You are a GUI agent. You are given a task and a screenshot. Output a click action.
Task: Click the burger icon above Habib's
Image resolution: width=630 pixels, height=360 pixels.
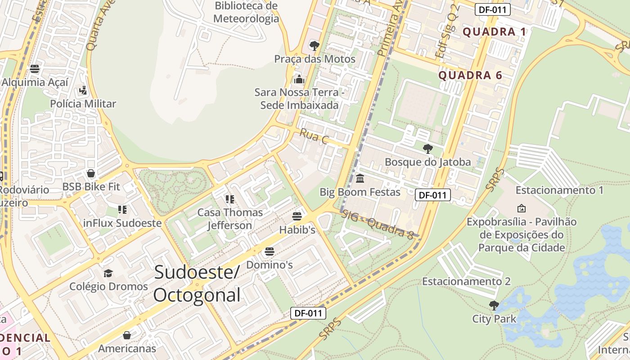click(297, 216)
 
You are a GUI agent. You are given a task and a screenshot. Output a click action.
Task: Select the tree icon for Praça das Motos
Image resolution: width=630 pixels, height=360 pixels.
click(315, 46)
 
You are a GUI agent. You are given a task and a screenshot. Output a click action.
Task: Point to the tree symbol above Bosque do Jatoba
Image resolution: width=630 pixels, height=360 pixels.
click(428, 149)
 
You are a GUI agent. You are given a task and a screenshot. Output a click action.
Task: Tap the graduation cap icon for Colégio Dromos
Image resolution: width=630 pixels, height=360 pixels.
click(108, 274)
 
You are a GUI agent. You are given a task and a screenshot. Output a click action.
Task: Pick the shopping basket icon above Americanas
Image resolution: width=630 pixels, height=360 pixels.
click(127, 335)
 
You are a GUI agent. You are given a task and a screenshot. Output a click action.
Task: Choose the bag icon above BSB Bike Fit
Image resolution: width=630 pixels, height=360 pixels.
click(91, 174)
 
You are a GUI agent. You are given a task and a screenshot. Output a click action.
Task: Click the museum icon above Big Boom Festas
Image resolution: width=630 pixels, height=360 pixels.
click(360, 179)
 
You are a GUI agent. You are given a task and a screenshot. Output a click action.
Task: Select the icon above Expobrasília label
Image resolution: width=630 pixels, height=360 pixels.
click(522, 208)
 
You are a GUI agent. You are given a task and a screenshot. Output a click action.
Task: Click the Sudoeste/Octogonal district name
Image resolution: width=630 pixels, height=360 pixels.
click(197, 284)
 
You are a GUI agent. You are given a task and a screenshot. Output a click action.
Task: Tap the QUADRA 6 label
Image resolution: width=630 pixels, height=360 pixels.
click(470, 75)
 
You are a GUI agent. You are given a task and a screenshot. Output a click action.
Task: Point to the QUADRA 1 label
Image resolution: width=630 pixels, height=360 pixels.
click(494, 32)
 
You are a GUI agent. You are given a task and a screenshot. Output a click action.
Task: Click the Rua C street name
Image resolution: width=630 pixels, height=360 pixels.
click(314, 136)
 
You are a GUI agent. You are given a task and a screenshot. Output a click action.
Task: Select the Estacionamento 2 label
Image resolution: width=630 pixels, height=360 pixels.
click(466, 281)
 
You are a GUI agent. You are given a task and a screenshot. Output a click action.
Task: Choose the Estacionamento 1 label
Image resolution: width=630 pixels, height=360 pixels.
click(559, 190)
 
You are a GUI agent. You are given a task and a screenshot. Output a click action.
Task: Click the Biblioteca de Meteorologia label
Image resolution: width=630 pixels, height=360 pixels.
click(246, 12)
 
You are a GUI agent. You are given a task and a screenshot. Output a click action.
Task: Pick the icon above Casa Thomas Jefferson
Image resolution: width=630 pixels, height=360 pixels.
click(230, 199)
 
